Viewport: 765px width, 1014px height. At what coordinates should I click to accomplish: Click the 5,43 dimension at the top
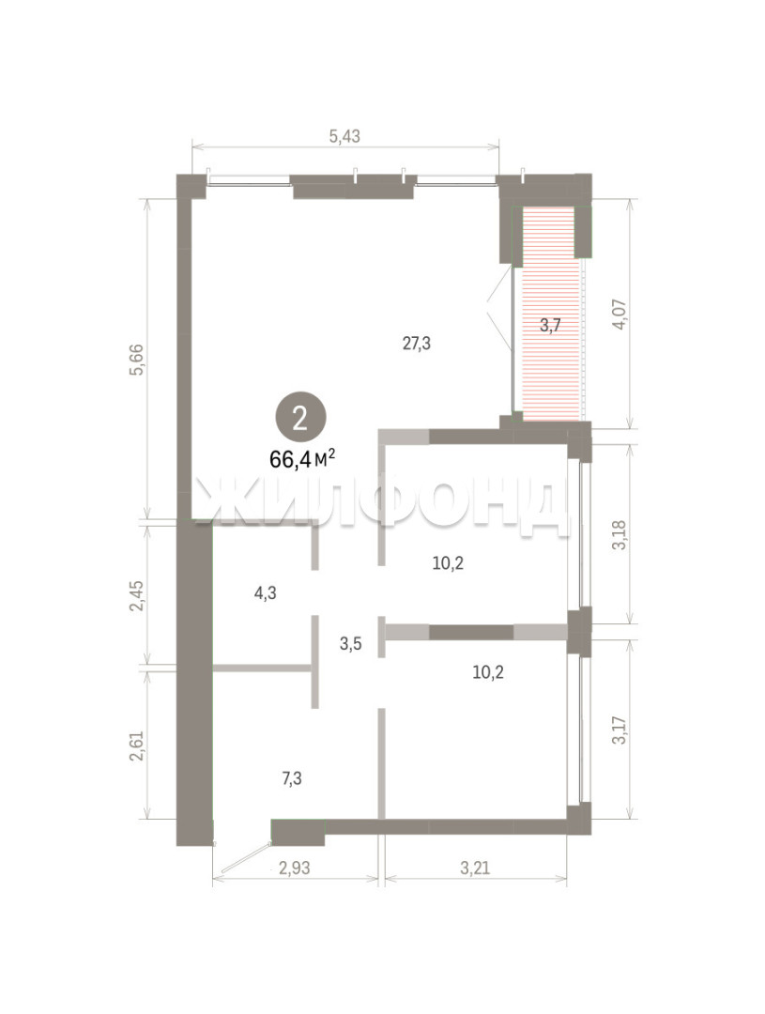click(x=344, y=136)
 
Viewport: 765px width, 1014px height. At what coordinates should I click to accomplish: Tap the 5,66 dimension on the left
click(x=136, y=360)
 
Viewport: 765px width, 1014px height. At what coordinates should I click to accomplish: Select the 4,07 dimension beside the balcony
click(x=619, y=315)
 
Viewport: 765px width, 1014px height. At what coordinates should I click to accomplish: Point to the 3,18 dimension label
click(x=619, y=534)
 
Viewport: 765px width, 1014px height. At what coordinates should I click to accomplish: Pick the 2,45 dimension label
click(x=136, y=595)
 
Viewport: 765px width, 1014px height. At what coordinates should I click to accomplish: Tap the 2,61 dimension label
click(x=136, y=745)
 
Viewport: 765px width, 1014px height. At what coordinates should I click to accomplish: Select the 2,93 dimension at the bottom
click(x=294, y=868)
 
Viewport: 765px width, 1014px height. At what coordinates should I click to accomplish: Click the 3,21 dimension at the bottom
click(x=475, y=868)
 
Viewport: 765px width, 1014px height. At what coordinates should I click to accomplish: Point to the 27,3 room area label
click(x=417, y=344)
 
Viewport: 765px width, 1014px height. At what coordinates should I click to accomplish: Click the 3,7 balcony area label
click(x=550, y=325)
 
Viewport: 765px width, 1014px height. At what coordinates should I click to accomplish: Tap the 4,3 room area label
click(x=265, y=592)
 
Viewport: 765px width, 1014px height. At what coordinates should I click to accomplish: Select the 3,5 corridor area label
click(x=350, y=643)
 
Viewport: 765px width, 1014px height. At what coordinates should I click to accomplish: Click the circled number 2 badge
click(x=300, y=420)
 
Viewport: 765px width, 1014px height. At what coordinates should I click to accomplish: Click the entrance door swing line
click(x=244, y=858)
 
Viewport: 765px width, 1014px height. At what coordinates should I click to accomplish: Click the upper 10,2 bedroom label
click(x=448, y=563)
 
